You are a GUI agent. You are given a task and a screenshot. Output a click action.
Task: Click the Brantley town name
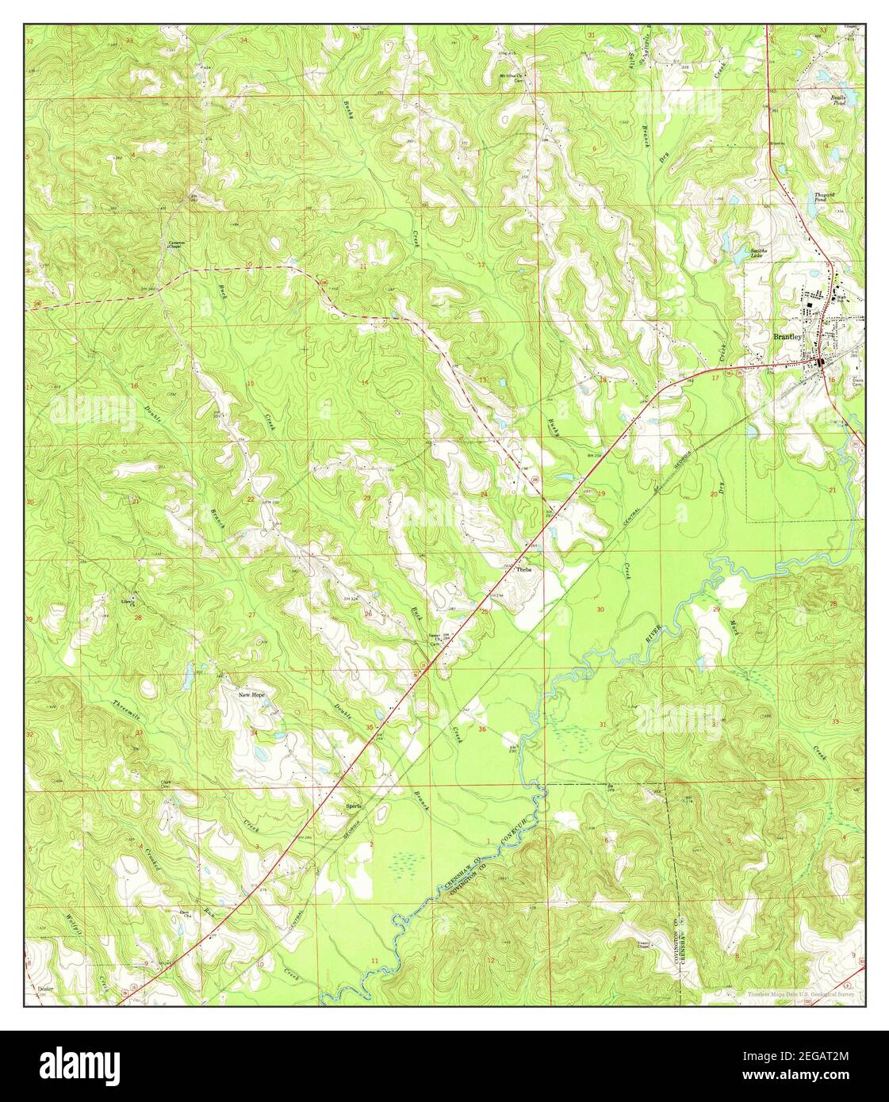click(x=788, y=337)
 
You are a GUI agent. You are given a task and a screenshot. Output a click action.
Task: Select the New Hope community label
click(x=252, y=694)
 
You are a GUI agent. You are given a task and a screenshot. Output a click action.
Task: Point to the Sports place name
click(x=353, y=806)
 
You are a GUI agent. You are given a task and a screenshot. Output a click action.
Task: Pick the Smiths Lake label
click(x=761, y=253)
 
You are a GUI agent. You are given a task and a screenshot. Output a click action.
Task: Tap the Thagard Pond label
click(x=826, y=197)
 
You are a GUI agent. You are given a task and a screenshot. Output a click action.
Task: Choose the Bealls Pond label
click(x=839, y=99)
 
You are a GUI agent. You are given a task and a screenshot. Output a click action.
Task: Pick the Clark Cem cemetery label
click(x=167, y=784)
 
